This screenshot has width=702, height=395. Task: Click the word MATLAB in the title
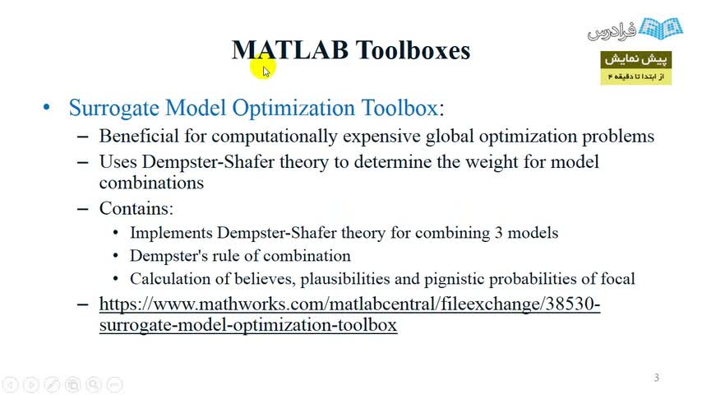coord(290,49)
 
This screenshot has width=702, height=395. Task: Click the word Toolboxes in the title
coord(413,49)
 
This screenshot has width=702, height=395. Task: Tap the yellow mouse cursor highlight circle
coord(263,67)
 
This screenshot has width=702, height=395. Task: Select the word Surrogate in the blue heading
coord(113,108)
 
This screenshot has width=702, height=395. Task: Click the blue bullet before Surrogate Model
coord(47,107)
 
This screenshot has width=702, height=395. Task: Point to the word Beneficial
coord(139,136)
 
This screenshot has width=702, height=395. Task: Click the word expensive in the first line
coord(381,137)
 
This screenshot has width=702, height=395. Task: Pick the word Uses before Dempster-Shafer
coord(118,161)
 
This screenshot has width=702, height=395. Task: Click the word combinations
coord(151,183)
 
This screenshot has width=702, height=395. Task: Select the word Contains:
coord(136,208)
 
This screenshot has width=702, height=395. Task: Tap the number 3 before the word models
coord(498,233)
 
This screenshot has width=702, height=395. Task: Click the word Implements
coord(171,233)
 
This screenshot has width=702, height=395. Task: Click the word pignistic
coord(454,279)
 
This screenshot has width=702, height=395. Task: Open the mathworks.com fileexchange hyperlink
coord(349,314)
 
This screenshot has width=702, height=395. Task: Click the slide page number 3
coord(656,378)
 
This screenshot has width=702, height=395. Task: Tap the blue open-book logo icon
coord(661,28)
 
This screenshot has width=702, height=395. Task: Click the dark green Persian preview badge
coord(635,59)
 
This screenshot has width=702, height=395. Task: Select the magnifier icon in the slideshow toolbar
coord(94,384)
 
